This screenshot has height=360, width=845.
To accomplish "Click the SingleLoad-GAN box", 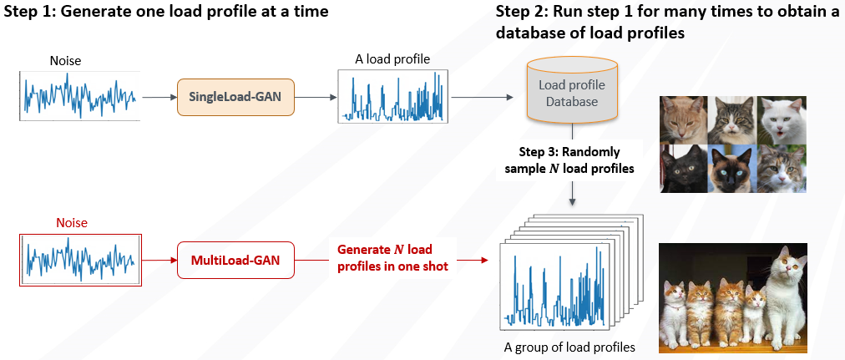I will tap(235, 98).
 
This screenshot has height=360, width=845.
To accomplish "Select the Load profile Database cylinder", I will tap(572, 89).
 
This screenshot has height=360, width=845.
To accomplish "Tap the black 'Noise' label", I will tap(66, 61).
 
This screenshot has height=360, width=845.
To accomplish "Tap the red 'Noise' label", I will tap(72, 223).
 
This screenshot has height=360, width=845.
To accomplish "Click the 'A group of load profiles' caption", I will tap(569, 347).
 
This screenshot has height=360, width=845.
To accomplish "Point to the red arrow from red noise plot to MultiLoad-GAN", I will tap(159, 261).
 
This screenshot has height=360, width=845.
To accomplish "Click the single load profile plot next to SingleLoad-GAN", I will tap(392, 98).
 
